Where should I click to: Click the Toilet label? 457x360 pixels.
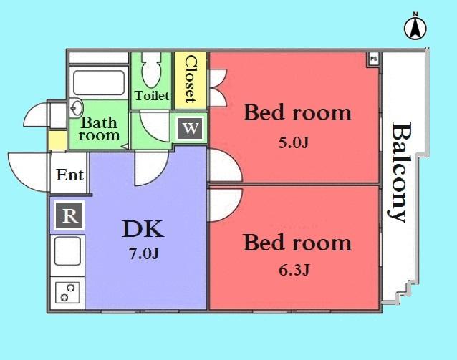pyautogui.click(x=152, y=95)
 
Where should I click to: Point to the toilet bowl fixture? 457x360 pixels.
pyautogui.click(x=151, y=71)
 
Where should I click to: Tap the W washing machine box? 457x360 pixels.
pyautogui.click(x=190, y=129)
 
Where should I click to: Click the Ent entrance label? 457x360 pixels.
pyautogui.click(x=70, y=175)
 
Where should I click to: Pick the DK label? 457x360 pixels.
pyautogui.click(x=143, y=229)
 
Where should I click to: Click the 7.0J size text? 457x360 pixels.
pyautogui.click(x=143, y=253)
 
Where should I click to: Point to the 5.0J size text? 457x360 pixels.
pyautogui.click(x=293, y=142)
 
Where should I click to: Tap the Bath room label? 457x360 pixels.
pyautogui.click(x=99, y=129)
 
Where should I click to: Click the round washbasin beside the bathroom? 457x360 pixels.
pyautogui.click(x=77, y=110)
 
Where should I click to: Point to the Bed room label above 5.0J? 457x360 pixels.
pyautogui.click(x=297, y=112)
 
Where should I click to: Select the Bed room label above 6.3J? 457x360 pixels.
pyautogui.click(x=297, y=243)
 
